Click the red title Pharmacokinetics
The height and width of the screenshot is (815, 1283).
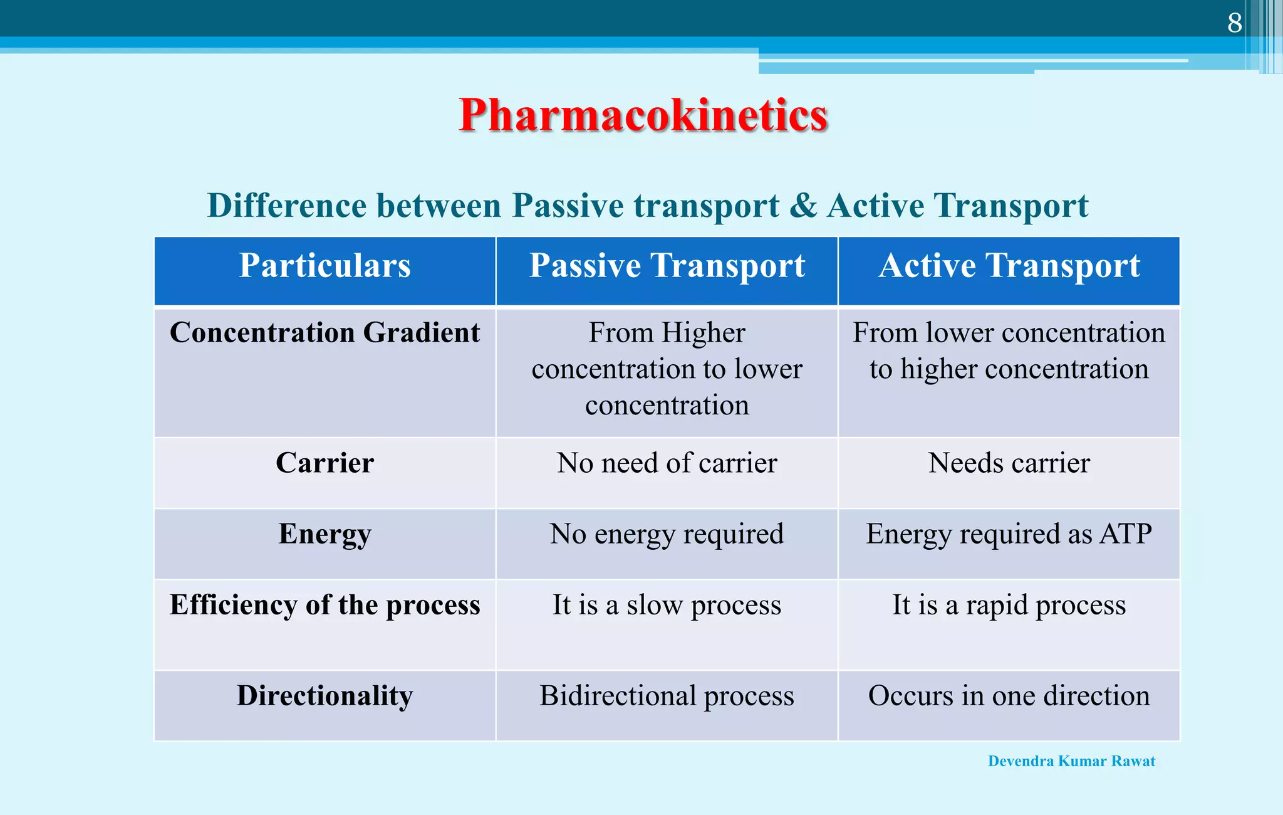point(643,115)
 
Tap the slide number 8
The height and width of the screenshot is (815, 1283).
point(1234,24)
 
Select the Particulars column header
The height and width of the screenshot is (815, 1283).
point(325,266)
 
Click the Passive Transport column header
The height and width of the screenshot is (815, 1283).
point(667,266)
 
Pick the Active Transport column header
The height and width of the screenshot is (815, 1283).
point(1009,266)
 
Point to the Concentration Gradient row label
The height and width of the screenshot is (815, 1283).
point(325,332)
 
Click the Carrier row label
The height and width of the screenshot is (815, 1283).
point(325,463)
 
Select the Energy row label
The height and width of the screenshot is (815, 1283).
point(325,534)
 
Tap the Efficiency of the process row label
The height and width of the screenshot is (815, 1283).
point(325,606)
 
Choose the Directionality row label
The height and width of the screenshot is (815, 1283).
point(325,696)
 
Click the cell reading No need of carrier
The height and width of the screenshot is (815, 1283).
point(667,463)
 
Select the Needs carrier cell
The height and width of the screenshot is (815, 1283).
point(1009,463)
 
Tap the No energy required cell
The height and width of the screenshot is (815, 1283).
point(667,535)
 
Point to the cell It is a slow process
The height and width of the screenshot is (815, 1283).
point(667,606)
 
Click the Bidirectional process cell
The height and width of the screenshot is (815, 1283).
point(667,696)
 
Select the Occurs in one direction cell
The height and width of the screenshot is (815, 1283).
point(1009,696)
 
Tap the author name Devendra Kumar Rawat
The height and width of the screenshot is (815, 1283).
point(1071,761)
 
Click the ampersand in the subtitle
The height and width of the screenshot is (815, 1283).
point(803,206)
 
